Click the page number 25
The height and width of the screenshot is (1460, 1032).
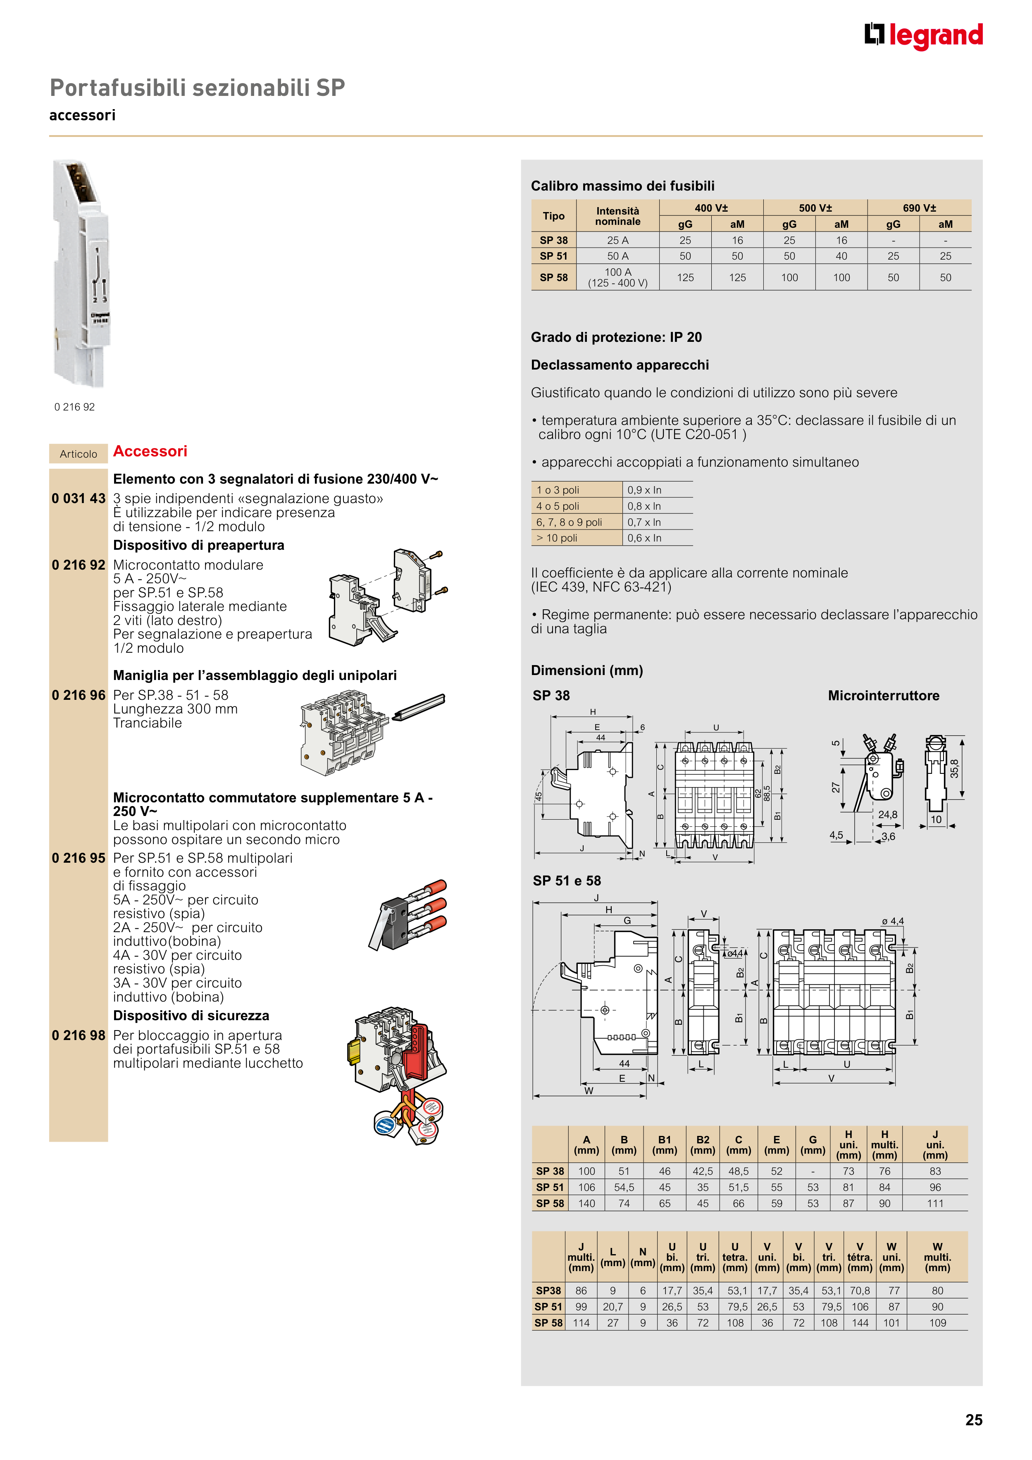[973, 1420]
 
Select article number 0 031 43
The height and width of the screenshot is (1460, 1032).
[78, 499]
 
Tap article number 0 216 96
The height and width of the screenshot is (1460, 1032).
[78, 695]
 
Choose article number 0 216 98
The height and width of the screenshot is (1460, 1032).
[78, 1035]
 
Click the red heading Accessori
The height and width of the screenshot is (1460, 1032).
[150, 451]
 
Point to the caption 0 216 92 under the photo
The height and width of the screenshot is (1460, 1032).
[74, 407]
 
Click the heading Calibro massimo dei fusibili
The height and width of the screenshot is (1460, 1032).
[622, 186]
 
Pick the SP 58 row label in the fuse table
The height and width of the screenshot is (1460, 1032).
[553, 277]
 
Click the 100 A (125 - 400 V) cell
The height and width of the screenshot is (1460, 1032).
[617, 277]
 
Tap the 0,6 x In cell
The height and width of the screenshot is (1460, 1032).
[644, 538]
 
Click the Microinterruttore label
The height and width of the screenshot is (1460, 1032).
[883, 696]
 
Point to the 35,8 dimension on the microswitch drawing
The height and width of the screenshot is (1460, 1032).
[954, 769]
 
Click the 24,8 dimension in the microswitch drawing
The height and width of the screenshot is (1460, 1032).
[888, 815]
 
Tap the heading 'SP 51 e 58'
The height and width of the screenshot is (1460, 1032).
[567, 881]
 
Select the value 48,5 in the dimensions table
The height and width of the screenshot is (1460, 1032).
[738, 1171]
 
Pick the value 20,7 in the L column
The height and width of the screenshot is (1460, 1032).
[613, 1307]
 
